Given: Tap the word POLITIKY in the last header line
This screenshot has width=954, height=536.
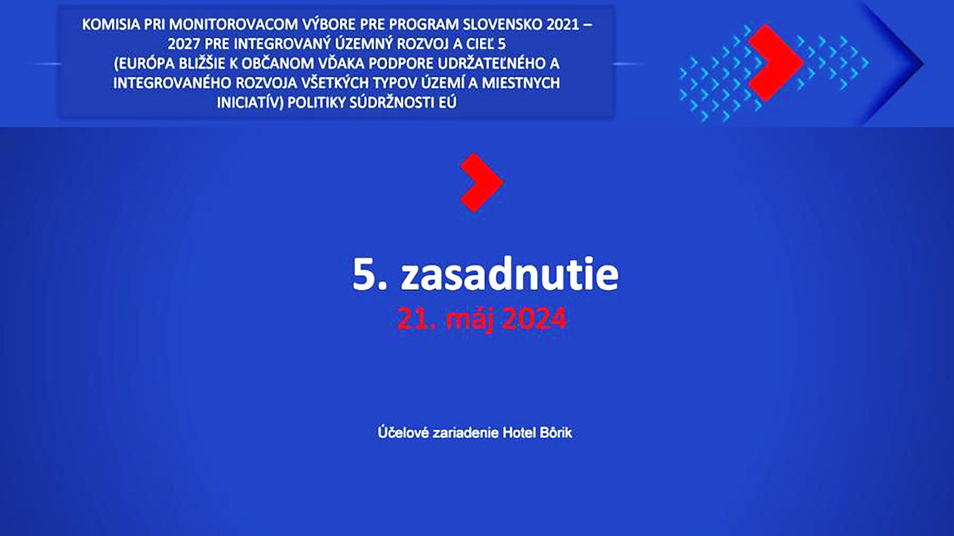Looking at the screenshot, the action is pos(316,102).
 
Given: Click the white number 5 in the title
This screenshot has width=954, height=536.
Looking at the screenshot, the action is pos(363,274).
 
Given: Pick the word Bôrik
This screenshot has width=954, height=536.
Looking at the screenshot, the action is pos(556,432).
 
